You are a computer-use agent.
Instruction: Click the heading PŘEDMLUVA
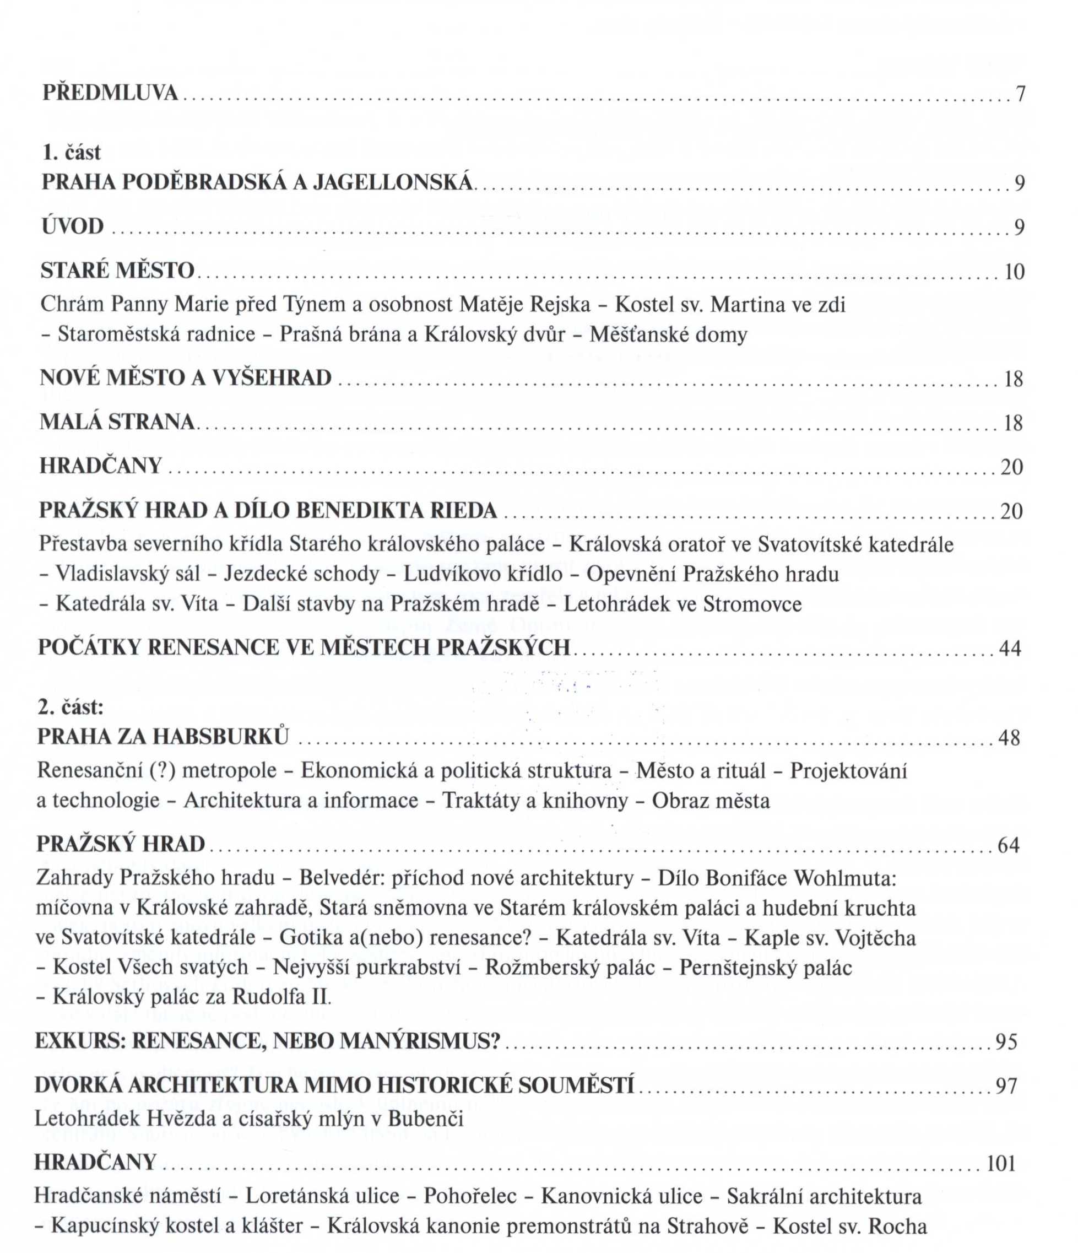pyautogui.click(x=111, y=93)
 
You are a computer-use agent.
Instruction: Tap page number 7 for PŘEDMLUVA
pyautogui.click(x=1021, y=94)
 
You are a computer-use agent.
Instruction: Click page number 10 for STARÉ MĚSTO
pyautogui.click(x=1015, y=272)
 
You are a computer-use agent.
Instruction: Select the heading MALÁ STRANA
pyautogui.click(x=117, y=422)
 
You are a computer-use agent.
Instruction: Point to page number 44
pyautogui.click(x=1010, y=649)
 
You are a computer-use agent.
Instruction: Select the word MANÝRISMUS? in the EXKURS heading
pyautogui.click(x=420, y=1040)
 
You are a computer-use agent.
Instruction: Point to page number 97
pyautogui.click(x=1006, y=1086)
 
